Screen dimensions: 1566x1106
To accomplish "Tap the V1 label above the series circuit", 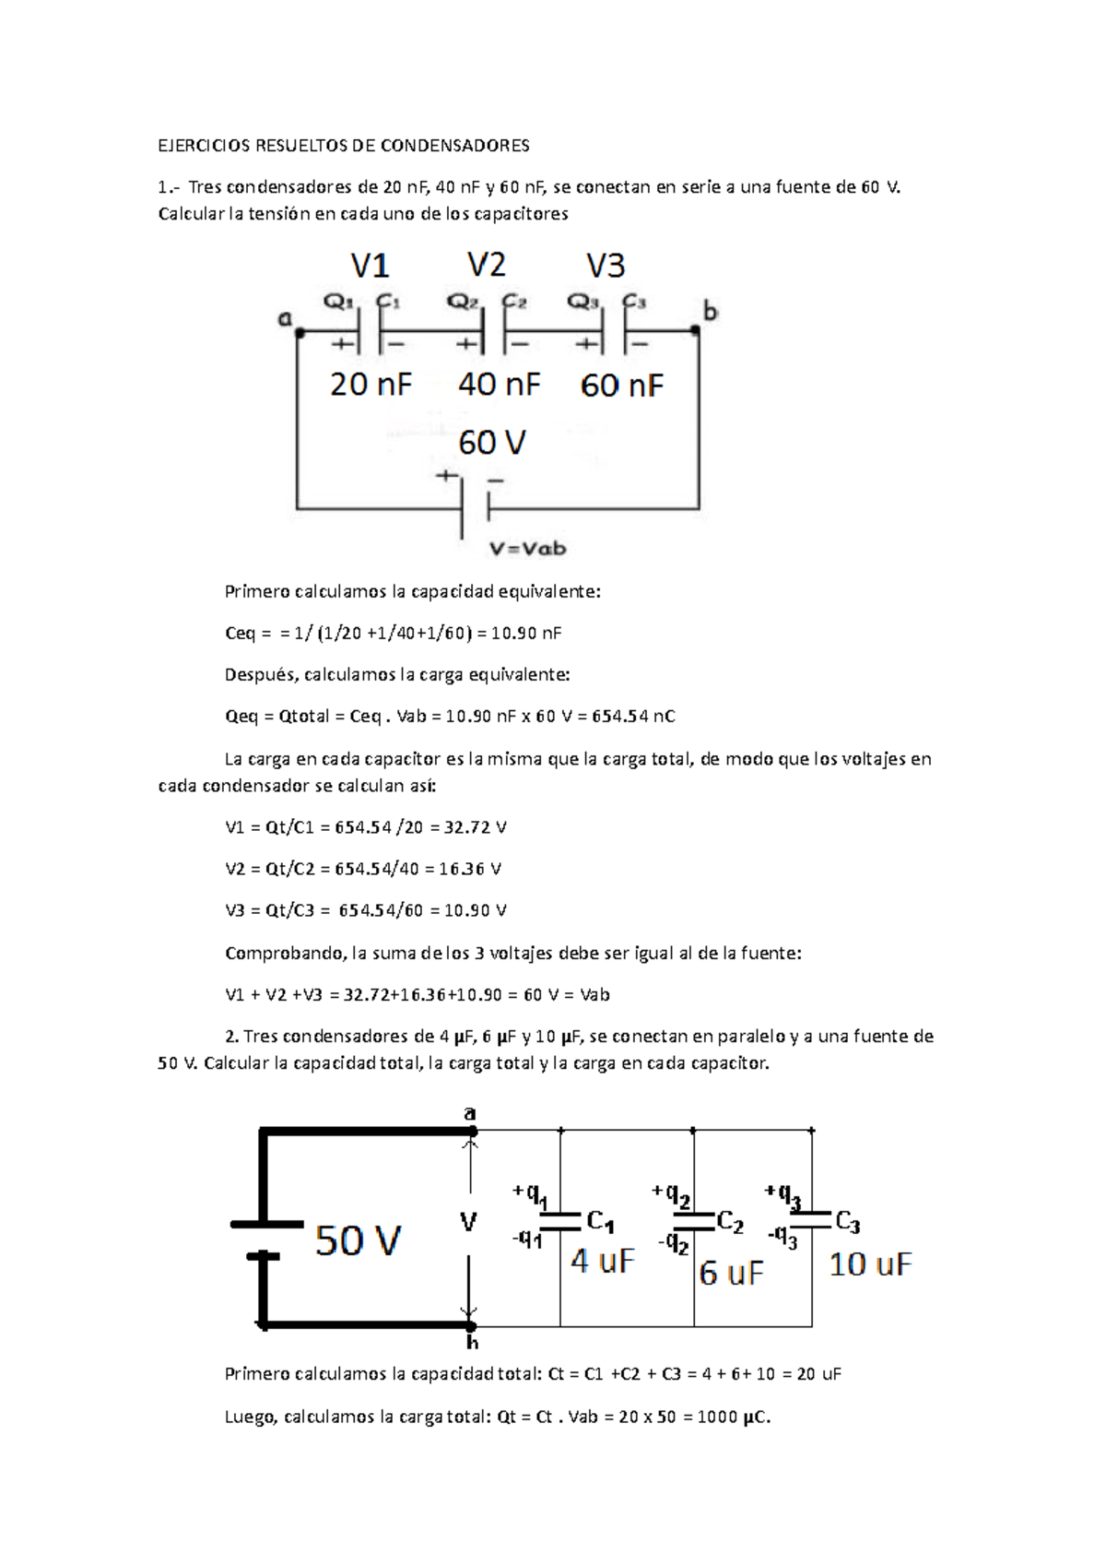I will coord(370,267).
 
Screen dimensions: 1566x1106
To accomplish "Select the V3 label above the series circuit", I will coord(606,267).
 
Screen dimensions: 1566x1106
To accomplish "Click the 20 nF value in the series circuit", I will coord(371,385).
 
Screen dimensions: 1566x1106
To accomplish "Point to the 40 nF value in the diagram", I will coord(499,385).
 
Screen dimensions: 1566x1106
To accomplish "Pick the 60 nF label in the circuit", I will coord(621,386).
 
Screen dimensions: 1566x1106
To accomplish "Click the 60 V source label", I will coord(492,444).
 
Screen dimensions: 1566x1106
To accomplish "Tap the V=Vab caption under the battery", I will coord(527,549).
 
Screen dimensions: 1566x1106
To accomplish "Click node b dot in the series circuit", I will coord(696,329).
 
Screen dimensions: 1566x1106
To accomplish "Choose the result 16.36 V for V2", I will coord(470,869).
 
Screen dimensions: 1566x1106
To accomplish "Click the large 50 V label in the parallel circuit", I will coord(358,1240).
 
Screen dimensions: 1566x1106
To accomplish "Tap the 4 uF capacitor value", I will coord(603,1261).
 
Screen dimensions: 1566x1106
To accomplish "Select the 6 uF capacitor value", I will coord(732,1274).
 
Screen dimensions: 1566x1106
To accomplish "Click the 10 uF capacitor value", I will coord(870,1264).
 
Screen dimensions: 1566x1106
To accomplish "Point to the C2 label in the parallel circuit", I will coord(730,1223).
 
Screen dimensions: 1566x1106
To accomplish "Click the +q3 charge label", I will coord(782,1194).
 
